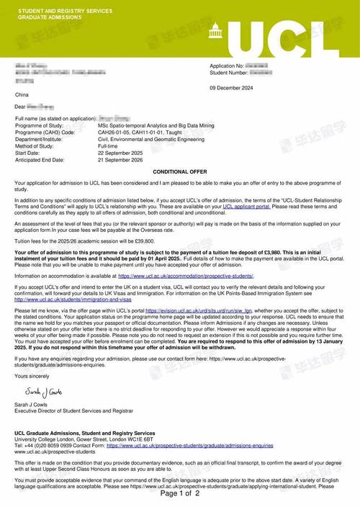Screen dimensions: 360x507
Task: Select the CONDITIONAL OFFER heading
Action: [x=180, y=172]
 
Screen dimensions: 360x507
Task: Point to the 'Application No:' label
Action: [x=227, y=66]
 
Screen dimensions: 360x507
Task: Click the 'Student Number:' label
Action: [x=228, y=72]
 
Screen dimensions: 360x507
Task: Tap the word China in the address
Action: [x=22, y=95]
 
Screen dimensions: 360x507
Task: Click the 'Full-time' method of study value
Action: [x=111, y=145]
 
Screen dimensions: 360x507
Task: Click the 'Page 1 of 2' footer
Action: [x=180, y=493]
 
